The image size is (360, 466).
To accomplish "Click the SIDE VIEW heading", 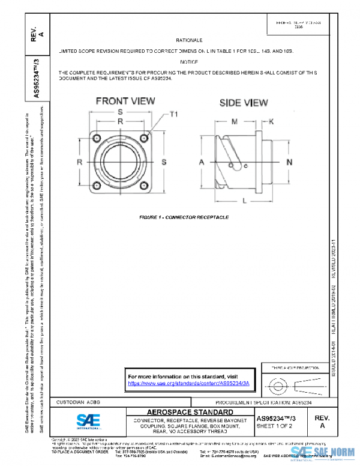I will pos(243,103).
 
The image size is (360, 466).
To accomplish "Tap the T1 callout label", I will pos(174,113).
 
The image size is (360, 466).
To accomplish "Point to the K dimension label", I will pos(272,122).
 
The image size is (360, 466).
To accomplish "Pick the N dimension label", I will pos(289,163).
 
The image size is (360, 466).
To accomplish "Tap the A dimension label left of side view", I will pos(202,163).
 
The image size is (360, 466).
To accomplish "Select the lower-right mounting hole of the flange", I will pos(146,186).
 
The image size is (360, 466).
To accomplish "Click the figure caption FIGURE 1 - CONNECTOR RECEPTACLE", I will pos(181,216).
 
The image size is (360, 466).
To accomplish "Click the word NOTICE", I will pos(188,62).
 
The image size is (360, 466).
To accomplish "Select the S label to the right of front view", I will pos(164,162).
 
